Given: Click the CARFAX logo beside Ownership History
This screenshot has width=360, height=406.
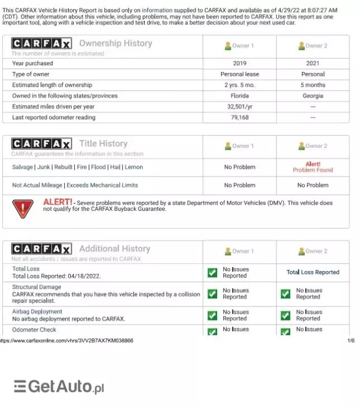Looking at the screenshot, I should point(41,43).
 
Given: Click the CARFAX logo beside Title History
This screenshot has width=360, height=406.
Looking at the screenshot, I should point(41,143).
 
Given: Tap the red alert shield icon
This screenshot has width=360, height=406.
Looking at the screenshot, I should point(22,209).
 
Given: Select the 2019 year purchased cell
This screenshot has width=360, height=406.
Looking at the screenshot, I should point(240,64).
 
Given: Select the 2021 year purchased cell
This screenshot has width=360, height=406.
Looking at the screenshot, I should point(313,64).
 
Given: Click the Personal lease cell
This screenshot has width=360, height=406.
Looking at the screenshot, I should point(240,74).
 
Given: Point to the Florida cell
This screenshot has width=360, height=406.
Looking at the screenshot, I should point(240,96).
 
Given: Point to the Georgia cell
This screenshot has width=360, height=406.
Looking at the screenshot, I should point(313,96).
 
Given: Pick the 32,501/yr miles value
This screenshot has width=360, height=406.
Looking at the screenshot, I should point(240,107).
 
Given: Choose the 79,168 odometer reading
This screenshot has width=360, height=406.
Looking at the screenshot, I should point(240,118).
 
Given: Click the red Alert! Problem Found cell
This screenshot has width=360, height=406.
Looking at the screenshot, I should point(313,167).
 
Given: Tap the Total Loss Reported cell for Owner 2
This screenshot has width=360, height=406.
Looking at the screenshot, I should point(313,272).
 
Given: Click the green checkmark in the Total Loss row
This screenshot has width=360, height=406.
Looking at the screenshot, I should point(212,273).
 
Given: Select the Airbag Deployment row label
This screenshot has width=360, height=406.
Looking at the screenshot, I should point(37,312).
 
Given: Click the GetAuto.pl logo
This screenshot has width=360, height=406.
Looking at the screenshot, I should point(59,387).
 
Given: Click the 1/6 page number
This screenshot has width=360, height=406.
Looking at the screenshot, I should point(351,341).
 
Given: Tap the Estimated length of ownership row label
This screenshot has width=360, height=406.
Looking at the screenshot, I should point(52,85).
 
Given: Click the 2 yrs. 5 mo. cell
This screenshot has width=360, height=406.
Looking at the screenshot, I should point(240,85).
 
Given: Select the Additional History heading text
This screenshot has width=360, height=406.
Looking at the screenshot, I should point(115,249).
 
